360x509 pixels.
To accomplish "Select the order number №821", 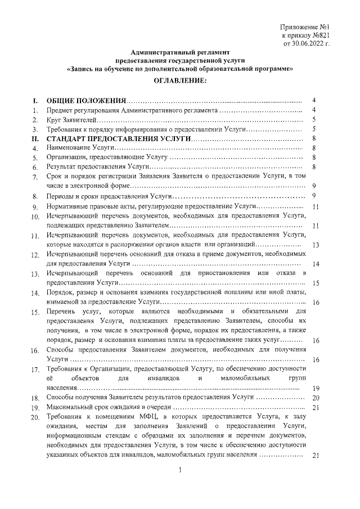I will tap(317, 35).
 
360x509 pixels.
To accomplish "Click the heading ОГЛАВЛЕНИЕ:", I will tap(179, 81).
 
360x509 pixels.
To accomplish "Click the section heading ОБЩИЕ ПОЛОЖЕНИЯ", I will tap(86, 100).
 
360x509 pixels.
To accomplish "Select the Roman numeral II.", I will tap(35, 138).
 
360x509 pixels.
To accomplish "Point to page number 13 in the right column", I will tap(316, 245).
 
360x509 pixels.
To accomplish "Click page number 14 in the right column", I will tap(316, 264).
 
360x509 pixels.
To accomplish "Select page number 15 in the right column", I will tap(316, 283).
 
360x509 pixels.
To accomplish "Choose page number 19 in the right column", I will tap(316, 389).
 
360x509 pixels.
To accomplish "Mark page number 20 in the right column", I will tap(316, 398).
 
